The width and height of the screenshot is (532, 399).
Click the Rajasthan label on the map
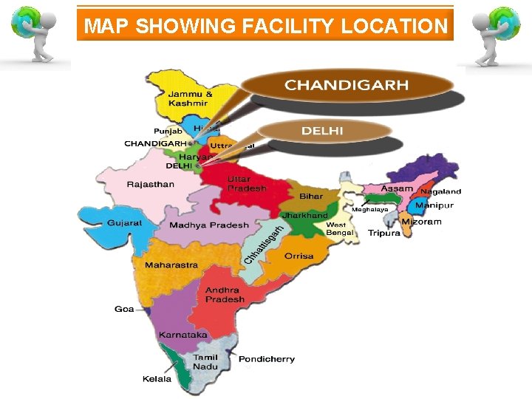pyautogui.click(x=150, y=184)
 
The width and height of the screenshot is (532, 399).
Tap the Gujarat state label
pyautogui.click(x=124, y=222)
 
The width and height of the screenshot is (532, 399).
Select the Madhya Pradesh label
pyautogui.click(x=209, y=225)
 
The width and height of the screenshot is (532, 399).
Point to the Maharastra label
pyautogui.click(x=171, y=265)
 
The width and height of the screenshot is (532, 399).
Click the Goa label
pyautogui.click(x=124, y=309)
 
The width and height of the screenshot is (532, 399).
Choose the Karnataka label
pyautogui.click(x=183, y=335)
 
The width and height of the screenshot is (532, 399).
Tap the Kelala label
pyautogui.click(x=157, y=379)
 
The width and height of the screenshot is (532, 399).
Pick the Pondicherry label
pyautogui.click(x=266, y=359)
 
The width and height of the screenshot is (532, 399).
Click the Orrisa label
pyautogui.click(x=299, y=256)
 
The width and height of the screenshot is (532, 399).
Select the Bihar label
pyautogui.click(x=311, y=197)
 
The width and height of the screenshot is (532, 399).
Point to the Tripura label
pyautogui.click(x=383, y=233)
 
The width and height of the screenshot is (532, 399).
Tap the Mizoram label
pyautogui.click(x=421, y=222)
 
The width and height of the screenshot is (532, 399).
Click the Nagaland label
pyautogui.click(x=440, y=192)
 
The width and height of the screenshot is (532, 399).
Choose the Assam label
pyautogui.click(x=397, y=188)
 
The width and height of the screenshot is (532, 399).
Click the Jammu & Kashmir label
pyautogui.click(x=190, y=98)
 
